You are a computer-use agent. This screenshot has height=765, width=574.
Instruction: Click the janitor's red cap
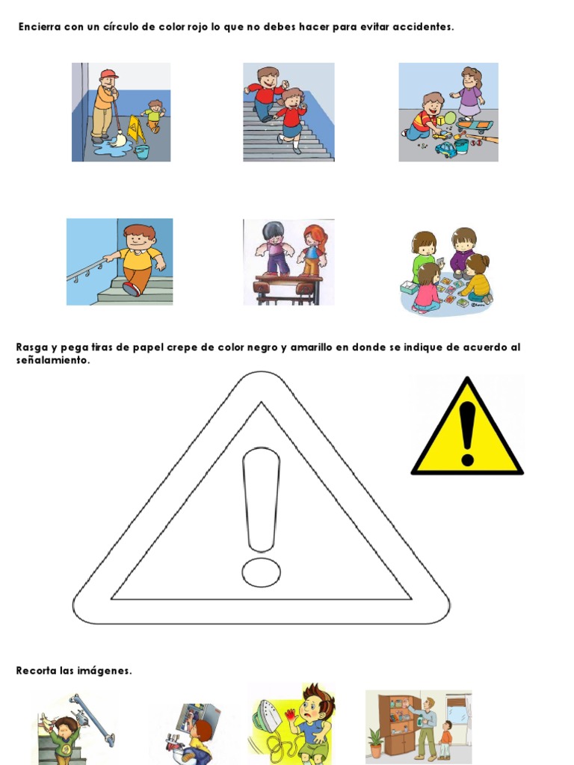[109, 74]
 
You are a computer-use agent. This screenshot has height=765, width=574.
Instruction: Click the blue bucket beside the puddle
[141, 152]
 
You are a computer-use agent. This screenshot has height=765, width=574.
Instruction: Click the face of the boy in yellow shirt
[138, 239]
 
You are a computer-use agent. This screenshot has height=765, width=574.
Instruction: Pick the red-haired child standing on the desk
[313, 250]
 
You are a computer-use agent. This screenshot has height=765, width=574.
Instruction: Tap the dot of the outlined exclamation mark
[261, 572]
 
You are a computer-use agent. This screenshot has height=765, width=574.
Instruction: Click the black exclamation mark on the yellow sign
[468, 432]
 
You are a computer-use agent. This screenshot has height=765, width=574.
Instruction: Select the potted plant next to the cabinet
[375, 743]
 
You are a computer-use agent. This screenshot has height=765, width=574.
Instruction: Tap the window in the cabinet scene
[457, 713]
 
